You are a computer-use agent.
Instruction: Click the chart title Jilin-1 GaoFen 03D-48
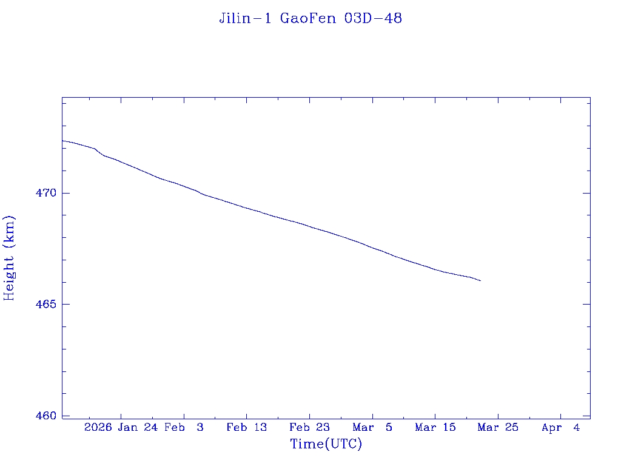(x=310, y=19)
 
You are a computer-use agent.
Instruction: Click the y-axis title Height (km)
(x=9, y=258)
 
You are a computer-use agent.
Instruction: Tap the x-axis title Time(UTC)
(x=326, y=444)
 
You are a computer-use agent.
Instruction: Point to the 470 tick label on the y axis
(x=46, y=194)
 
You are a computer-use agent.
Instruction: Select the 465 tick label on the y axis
(x=46, y=305)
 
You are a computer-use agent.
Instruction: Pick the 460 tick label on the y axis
(x=46, y=416)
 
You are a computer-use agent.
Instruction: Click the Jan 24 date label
(x=138, y=428)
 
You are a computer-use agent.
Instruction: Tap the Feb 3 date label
(x=184, y=428)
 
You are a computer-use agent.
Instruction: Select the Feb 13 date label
(x=247, y=428)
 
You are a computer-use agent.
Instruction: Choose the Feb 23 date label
(x=310, y=428)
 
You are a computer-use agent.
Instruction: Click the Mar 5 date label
(x=372, y=428)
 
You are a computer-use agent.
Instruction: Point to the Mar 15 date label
(x=435, y=428)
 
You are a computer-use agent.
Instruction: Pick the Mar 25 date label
(x=498, y=428)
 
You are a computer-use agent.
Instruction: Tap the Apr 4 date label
(x=561, y=428)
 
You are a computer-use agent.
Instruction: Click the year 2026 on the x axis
(x=98, y=428)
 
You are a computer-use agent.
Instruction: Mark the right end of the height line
(x=480, y=280)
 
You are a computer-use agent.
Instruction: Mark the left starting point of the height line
(x=62, y=141)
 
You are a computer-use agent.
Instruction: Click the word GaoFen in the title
(x=309, y=19)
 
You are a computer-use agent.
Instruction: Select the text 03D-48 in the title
(x=373, y=19)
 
